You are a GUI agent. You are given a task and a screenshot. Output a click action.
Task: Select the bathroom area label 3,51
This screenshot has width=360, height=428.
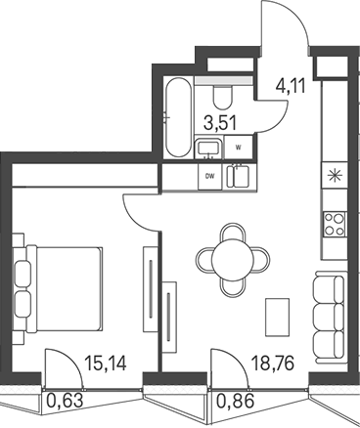pos(216,123)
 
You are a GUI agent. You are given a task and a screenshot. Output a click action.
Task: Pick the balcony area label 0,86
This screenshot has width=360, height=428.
pos(232,399)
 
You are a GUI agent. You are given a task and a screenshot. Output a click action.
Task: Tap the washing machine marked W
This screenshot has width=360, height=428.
pos(237,148)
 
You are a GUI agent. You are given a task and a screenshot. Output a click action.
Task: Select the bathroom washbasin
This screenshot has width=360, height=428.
pos(208,148)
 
